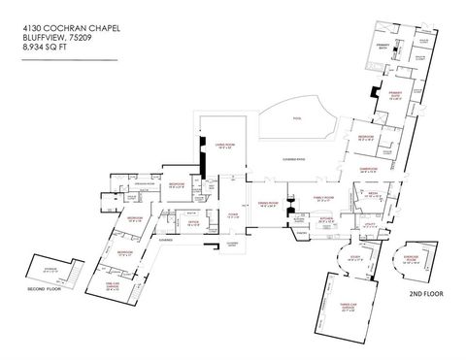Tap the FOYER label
pyautogui.click(x=233, y=216)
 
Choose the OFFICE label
pyautogui.click(x=194, y=223)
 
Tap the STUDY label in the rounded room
pyautogui.click(x=353, y=257)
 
